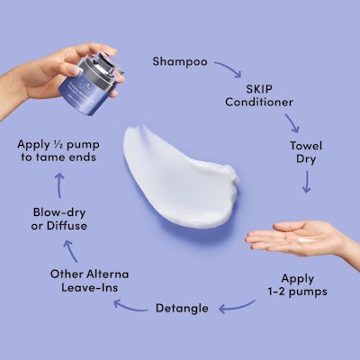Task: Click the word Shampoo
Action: click(x=180, y=62)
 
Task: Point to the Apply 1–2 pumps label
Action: click(x=297, y=285)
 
